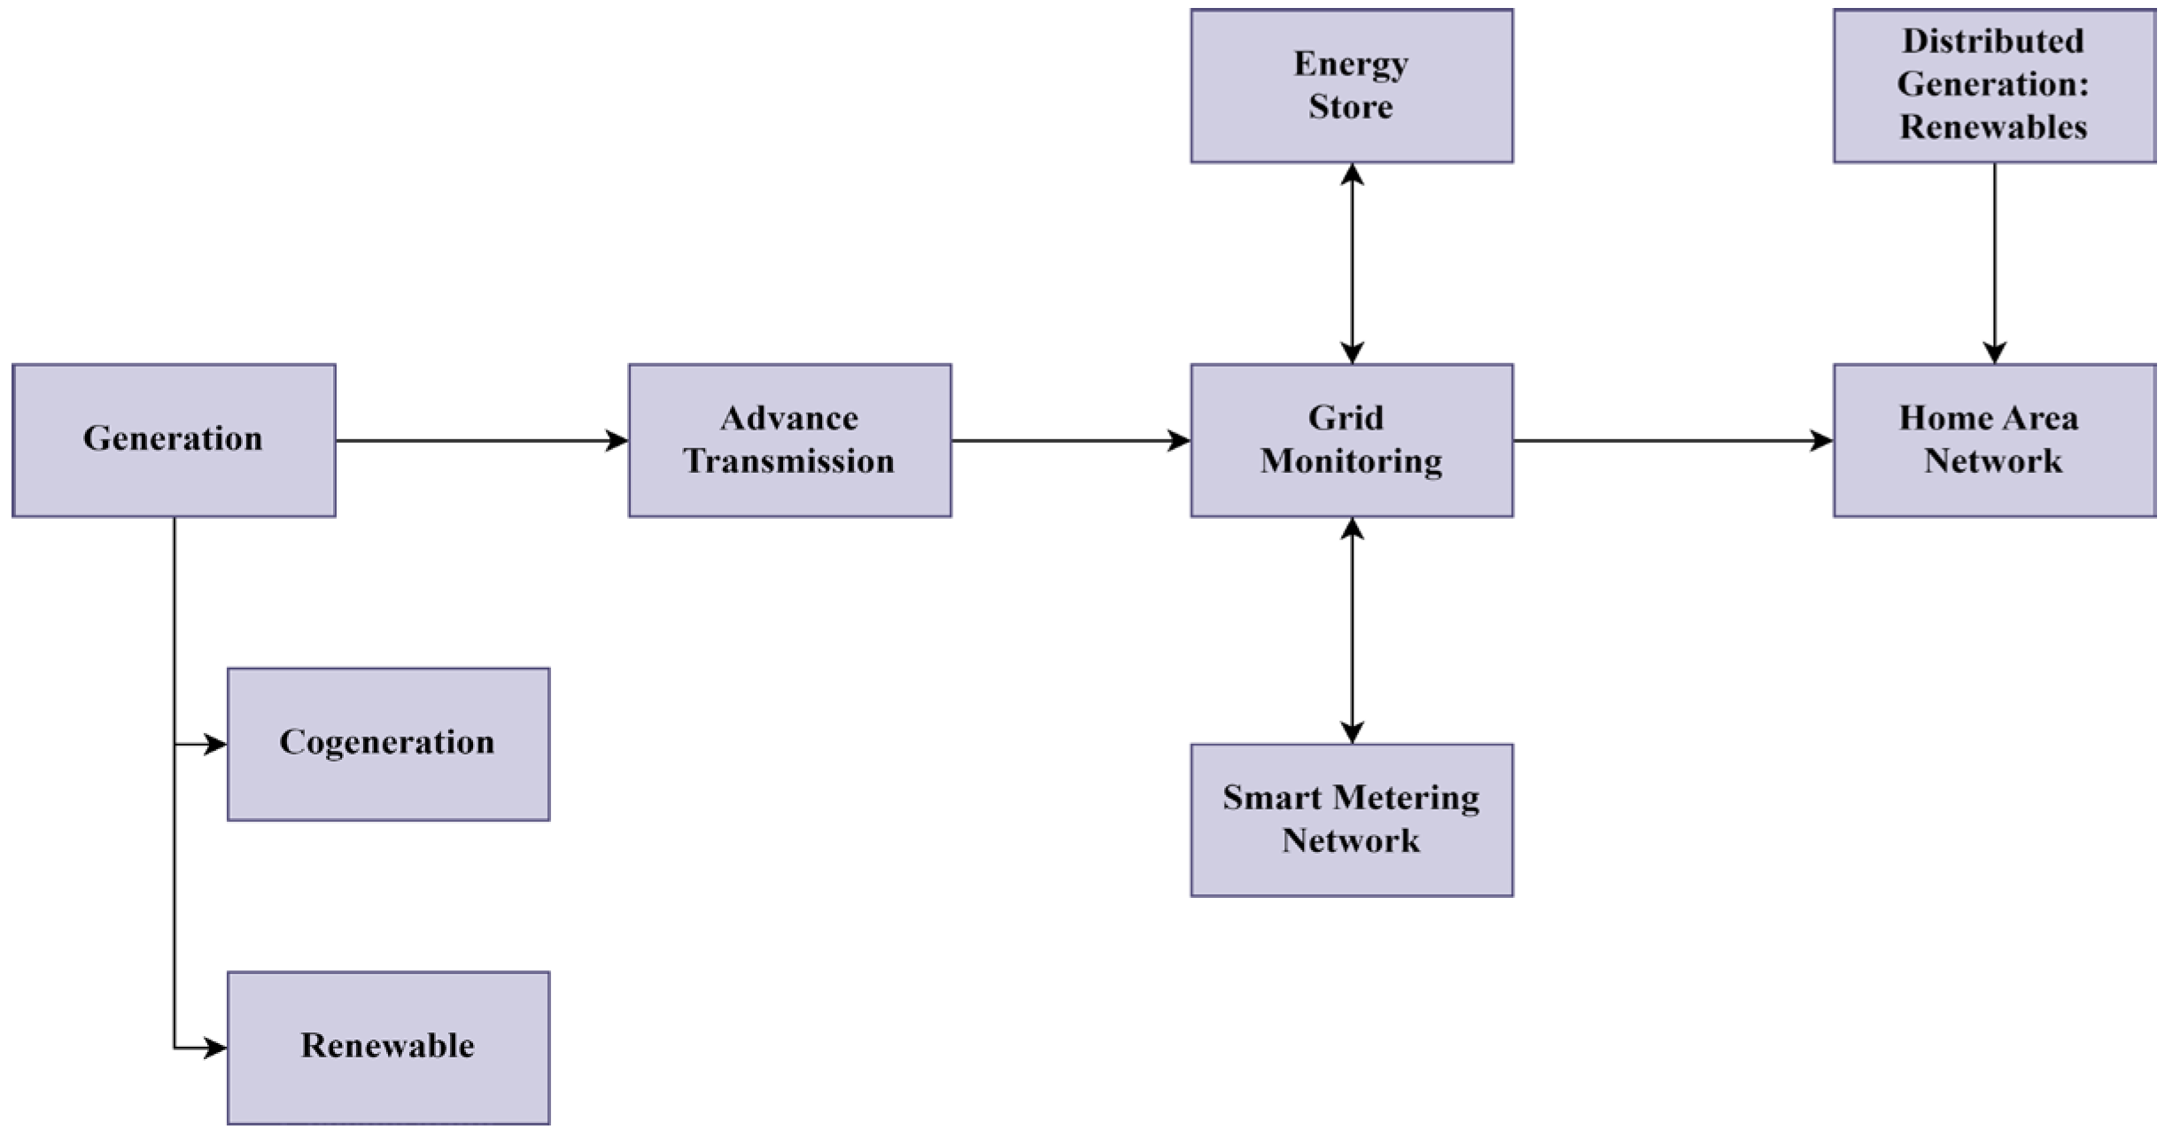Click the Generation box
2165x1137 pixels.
(174, 440)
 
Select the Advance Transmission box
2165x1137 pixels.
(789, 440)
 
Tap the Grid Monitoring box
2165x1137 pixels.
(1351, 440)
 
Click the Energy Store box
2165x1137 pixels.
(1351, 86)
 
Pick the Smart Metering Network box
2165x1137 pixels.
(1351, 820)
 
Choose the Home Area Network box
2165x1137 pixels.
(1994, 440)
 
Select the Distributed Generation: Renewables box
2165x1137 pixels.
(1994, 86)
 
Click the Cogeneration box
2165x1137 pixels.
(388, 744)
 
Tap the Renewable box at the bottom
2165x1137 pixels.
(388, 1048)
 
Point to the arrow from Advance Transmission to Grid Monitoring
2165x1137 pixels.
(1070, 440)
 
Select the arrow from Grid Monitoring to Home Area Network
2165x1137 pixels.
(1672, 440)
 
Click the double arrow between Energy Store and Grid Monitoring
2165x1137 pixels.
(1352, 263)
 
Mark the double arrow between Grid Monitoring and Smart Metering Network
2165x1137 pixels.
(1352, 630)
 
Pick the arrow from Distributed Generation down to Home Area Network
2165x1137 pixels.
(1994, 263)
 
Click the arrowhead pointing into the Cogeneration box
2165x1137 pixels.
(216, 745)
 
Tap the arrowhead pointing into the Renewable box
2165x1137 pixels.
(216, 1048)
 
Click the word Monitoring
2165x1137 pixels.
(1351, 461)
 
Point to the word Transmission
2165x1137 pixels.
(789, 461)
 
